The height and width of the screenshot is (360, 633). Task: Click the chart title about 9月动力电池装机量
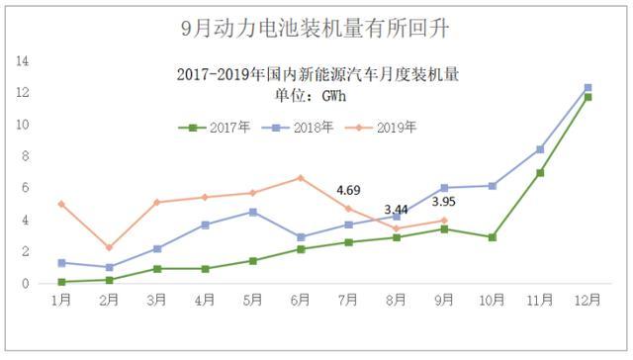[316, 28]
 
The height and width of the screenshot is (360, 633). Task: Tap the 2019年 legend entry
[396, 128]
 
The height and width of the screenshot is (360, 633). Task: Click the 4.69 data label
[348, 190]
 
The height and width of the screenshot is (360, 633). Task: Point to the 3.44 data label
[396, 210]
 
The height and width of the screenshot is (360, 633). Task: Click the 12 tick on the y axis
[22, 93]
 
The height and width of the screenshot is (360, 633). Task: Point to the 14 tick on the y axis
[22, 61]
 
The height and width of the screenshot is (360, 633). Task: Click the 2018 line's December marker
[588, 88]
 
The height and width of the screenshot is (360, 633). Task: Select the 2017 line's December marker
[588, 97]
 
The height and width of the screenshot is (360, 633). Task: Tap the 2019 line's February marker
[109, 247]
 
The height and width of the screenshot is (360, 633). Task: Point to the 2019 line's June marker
[301, 178]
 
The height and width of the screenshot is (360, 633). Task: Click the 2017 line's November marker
[540, 172]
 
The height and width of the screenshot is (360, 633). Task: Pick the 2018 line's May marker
[252, 212]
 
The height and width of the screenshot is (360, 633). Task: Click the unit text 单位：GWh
[316, 96]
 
